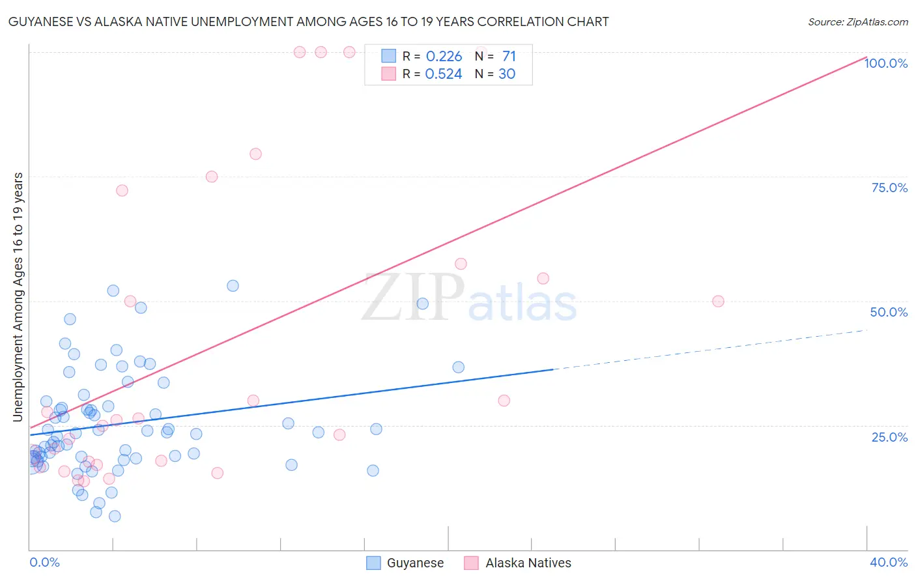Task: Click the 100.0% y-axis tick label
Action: pos(885,63)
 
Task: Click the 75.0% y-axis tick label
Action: pos(889,188)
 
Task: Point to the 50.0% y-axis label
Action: pos(889,312)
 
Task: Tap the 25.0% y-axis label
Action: pos(889,437)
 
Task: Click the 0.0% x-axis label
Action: pos(44,562)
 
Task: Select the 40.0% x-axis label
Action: pos(889,562)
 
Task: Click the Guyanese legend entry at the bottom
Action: pos(414,563)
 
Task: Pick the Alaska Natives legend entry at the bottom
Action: pos(528,563)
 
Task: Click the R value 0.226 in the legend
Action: pos(444,57)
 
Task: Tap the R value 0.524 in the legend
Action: pos(443,74)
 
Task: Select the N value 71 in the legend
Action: pos(509,57)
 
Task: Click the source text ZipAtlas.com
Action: pos(857,22)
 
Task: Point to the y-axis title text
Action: pos(18,296)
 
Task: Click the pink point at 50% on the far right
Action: pos(718,301)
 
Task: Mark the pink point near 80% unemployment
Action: pos(255,154)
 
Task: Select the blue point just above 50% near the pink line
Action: pos(233,285)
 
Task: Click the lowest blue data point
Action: pos(115,516)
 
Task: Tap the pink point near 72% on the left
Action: pos(122,190)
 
